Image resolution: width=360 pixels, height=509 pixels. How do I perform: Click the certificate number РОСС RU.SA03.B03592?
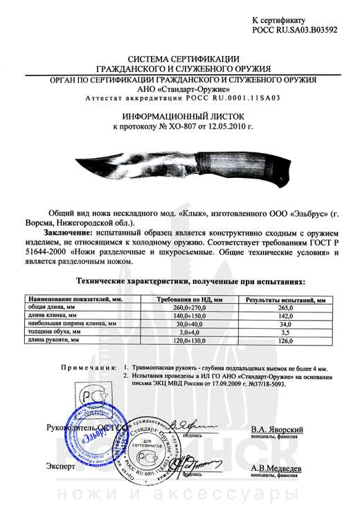[x=294, y=32]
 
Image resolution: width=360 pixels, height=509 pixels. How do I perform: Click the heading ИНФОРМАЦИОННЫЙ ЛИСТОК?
[x=179, y=118]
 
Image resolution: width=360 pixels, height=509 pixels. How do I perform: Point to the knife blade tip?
[x=75, y=159]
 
